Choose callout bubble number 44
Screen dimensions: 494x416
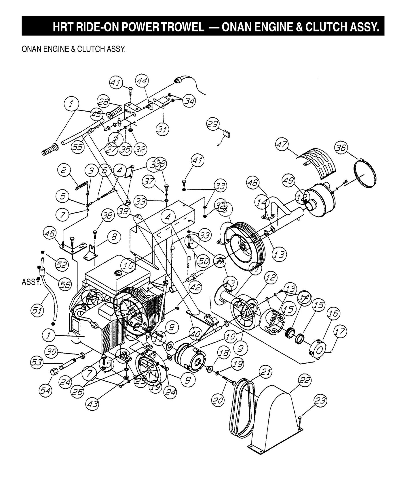click(x=142, y=81)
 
